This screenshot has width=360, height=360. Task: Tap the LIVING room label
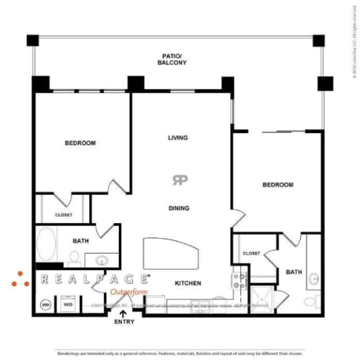(178, 137)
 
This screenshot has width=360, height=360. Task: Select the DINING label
(179, 208)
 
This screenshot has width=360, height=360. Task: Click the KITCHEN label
(187, 283)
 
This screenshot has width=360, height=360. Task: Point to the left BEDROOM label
(80, 143)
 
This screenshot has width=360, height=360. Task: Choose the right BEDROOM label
(277, 185)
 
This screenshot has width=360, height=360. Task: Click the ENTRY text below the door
(124, 322)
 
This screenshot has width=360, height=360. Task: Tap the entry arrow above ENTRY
(124, 312)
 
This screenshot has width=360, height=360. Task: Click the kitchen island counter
(171, 254)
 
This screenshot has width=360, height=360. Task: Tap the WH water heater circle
(46, 304)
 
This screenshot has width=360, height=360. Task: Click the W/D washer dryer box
(67, 304)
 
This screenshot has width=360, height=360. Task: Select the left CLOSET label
(63, 215)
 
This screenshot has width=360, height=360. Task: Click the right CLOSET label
(251, 253)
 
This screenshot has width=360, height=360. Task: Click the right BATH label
(294, 272)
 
